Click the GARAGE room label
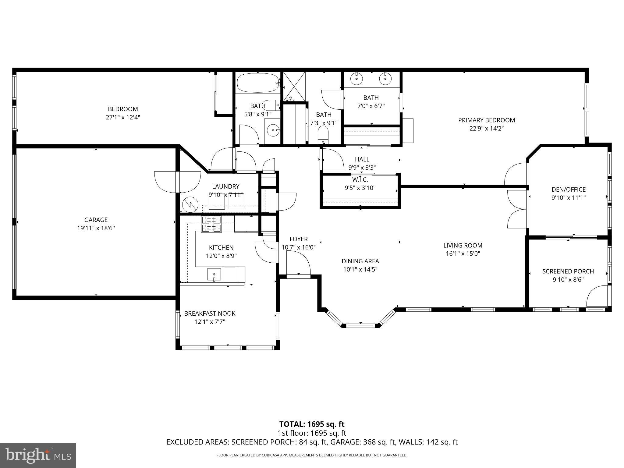coord(96,220)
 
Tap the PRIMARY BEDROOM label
coord(487,120)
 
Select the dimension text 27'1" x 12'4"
coord(123,117)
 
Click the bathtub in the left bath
coord(257,83)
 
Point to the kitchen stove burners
coord(211,224)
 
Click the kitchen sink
coord(214,274)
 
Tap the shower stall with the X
coord(294,87)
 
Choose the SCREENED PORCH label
coord(568,271)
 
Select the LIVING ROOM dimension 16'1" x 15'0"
coord(463,253)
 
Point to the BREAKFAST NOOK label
coord(210,313)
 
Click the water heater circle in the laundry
coord(190,204)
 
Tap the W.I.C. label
coord(360,180)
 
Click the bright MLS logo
coord(38,456)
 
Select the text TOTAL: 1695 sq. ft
coord(312,424)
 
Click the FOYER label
coord(299,239)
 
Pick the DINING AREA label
coord(360,261)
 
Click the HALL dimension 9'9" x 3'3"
coord(362,168)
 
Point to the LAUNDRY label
coord(226,186)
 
